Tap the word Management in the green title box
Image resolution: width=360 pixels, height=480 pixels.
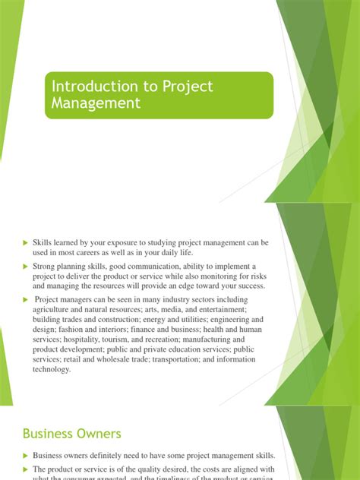click(95, 103)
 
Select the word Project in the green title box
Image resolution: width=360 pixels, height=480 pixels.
click(185, 87)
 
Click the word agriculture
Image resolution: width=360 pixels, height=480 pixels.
click(54, 310)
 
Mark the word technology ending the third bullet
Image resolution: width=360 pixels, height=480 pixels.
click(51, 369)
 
